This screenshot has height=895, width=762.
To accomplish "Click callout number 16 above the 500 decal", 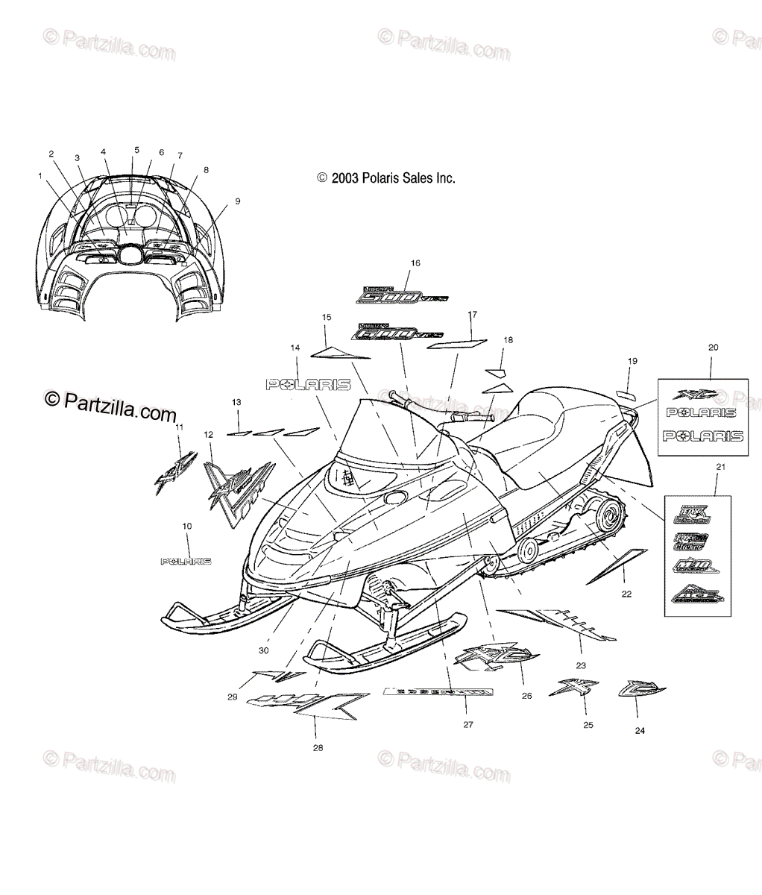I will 415,263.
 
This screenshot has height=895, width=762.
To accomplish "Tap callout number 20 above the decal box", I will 713,348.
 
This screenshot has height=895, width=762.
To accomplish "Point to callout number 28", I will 318,747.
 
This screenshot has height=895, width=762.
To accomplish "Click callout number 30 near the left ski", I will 263,650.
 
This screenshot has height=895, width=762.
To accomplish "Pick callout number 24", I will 639,730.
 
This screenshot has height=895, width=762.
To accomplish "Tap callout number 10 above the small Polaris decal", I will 186,527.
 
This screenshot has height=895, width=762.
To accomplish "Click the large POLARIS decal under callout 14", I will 309,384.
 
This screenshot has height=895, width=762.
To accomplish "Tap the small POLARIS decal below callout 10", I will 186,561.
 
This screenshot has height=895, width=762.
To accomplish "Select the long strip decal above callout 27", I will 438,693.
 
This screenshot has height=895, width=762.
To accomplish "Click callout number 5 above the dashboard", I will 136,150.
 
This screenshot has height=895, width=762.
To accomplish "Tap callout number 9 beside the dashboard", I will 237,201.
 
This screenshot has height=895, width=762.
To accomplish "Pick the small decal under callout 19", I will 624,394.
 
